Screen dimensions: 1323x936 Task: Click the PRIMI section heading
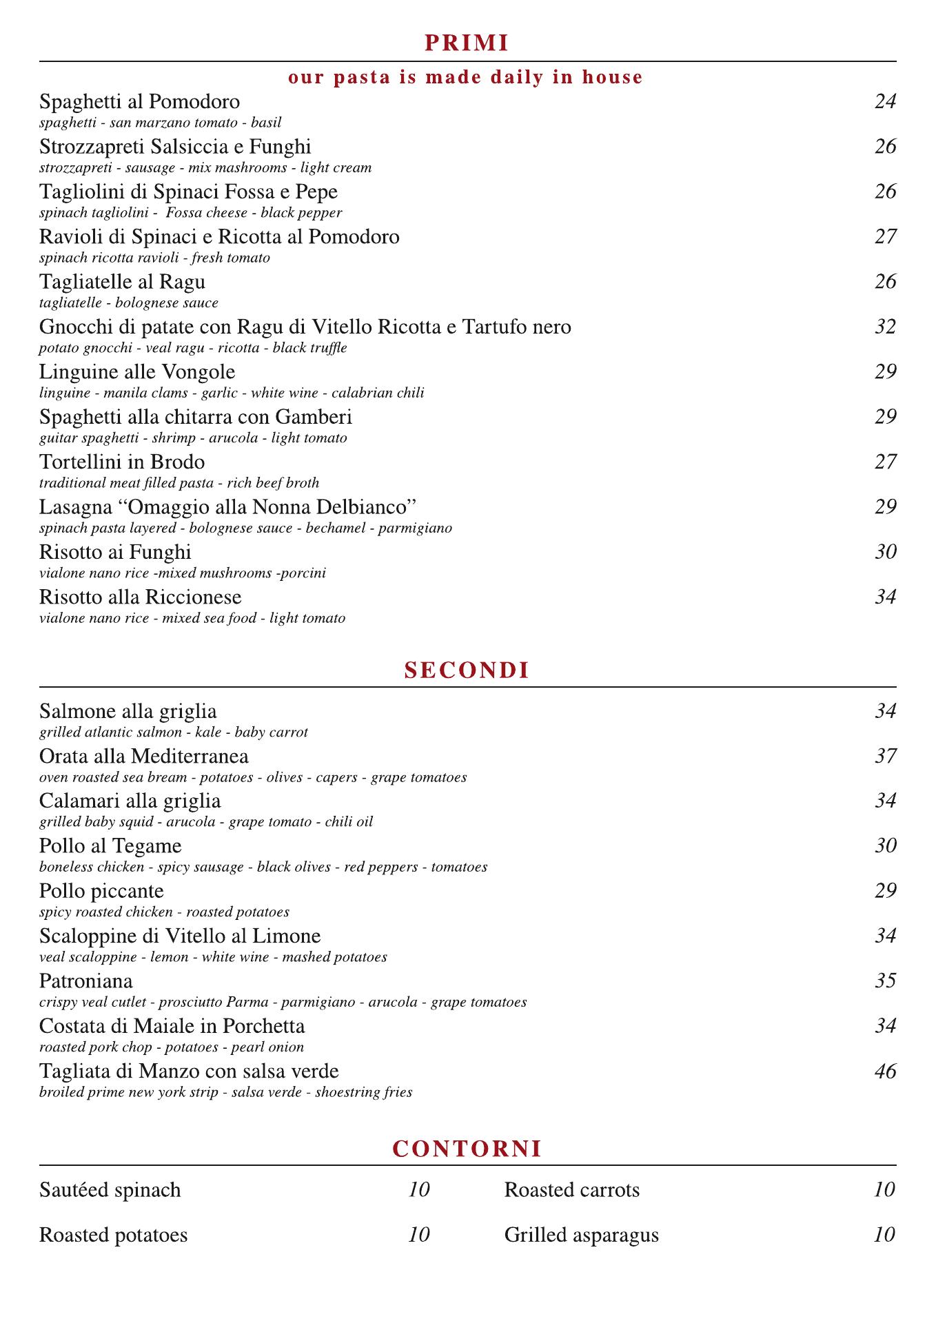[467, 43]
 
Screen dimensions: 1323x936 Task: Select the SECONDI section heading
[467, 670]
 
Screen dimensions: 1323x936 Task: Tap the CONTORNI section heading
[467, 1149]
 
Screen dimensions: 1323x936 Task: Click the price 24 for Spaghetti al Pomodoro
[885, 102]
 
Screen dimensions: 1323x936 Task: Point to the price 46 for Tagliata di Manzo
[885, 1071]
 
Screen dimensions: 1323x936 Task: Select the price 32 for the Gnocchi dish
[885, 327]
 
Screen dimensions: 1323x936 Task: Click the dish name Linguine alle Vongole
[137, 372]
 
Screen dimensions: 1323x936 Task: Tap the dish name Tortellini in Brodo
[122, 462]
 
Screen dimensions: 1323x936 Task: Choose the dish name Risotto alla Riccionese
[141, 597]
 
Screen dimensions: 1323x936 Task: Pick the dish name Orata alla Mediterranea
[144, 757]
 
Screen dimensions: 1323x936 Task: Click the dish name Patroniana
[86, 981]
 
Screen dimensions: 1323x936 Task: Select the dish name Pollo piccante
[101, 892]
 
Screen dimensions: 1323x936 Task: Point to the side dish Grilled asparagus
[581, 1235]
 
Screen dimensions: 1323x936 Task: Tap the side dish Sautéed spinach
[110, 1190]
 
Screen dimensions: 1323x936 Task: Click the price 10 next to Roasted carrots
[884, 1190]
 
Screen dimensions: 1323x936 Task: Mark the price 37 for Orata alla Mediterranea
[885, 757]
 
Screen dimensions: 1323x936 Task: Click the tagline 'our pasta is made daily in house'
[466, 77]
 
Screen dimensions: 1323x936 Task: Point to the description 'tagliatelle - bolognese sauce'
[129, 303]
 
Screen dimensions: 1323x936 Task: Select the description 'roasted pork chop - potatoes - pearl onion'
[172, 1047]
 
